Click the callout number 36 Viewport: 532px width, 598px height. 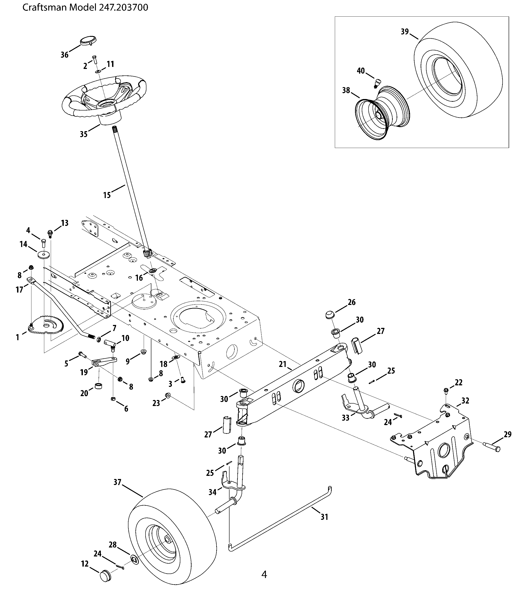pos(64,55)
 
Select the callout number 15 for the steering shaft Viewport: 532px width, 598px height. pos(107,195)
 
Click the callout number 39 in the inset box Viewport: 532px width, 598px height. pos(405,32)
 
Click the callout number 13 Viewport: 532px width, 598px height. pos(65,223)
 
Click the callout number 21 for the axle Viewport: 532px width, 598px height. pos(282,364)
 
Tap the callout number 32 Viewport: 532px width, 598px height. pos(465,401)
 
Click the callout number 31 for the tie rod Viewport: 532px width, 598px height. pos(324,517)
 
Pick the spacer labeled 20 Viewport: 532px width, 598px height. pos(99,386)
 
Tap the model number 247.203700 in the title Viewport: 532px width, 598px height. pos(124,7)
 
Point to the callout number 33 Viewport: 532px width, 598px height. pos(346,418)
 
